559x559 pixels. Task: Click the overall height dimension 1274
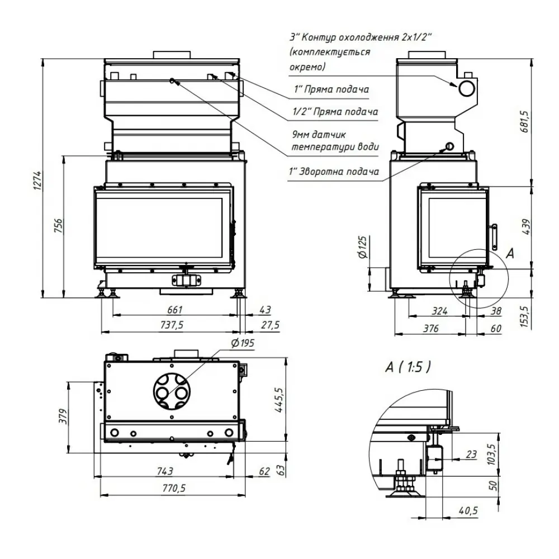38,181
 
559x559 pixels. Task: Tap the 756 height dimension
58,225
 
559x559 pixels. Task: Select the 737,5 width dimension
172,325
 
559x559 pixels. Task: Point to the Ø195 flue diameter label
243,343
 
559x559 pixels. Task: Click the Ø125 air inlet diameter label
362,247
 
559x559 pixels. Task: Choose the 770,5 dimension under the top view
174,487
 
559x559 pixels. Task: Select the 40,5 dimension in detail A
468,510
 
